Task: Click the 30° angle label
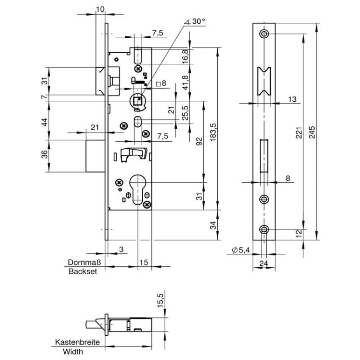tap(197, 22)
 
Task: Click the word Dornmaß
tap(84, 263)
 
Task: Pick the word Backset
tap(83, 271)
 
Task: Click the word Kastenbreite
tap(78, 342)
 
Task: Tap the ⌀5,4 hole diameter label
tap(242, 251)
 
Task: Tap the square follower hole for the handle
tap(138, 99)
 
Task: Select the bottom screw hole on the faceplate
tap(264, 229)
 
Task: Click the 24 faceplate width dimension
tap(264, 263)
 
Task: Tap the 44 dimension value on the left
tap(44, 123)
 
